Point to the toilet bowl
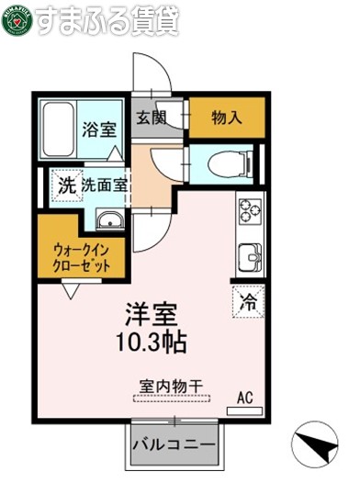(x=228, y=164)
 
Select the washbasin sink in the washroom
(x=108, y=220)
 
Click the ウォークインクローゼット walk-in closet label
(x=82, y=255)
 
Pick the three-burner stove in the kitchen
(x=250, y=212)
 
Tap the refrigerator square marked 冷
(x=249, y=299)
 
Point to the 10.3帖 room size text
(x=152, y=343)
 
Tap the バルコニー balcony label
(x=174, y=444)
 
